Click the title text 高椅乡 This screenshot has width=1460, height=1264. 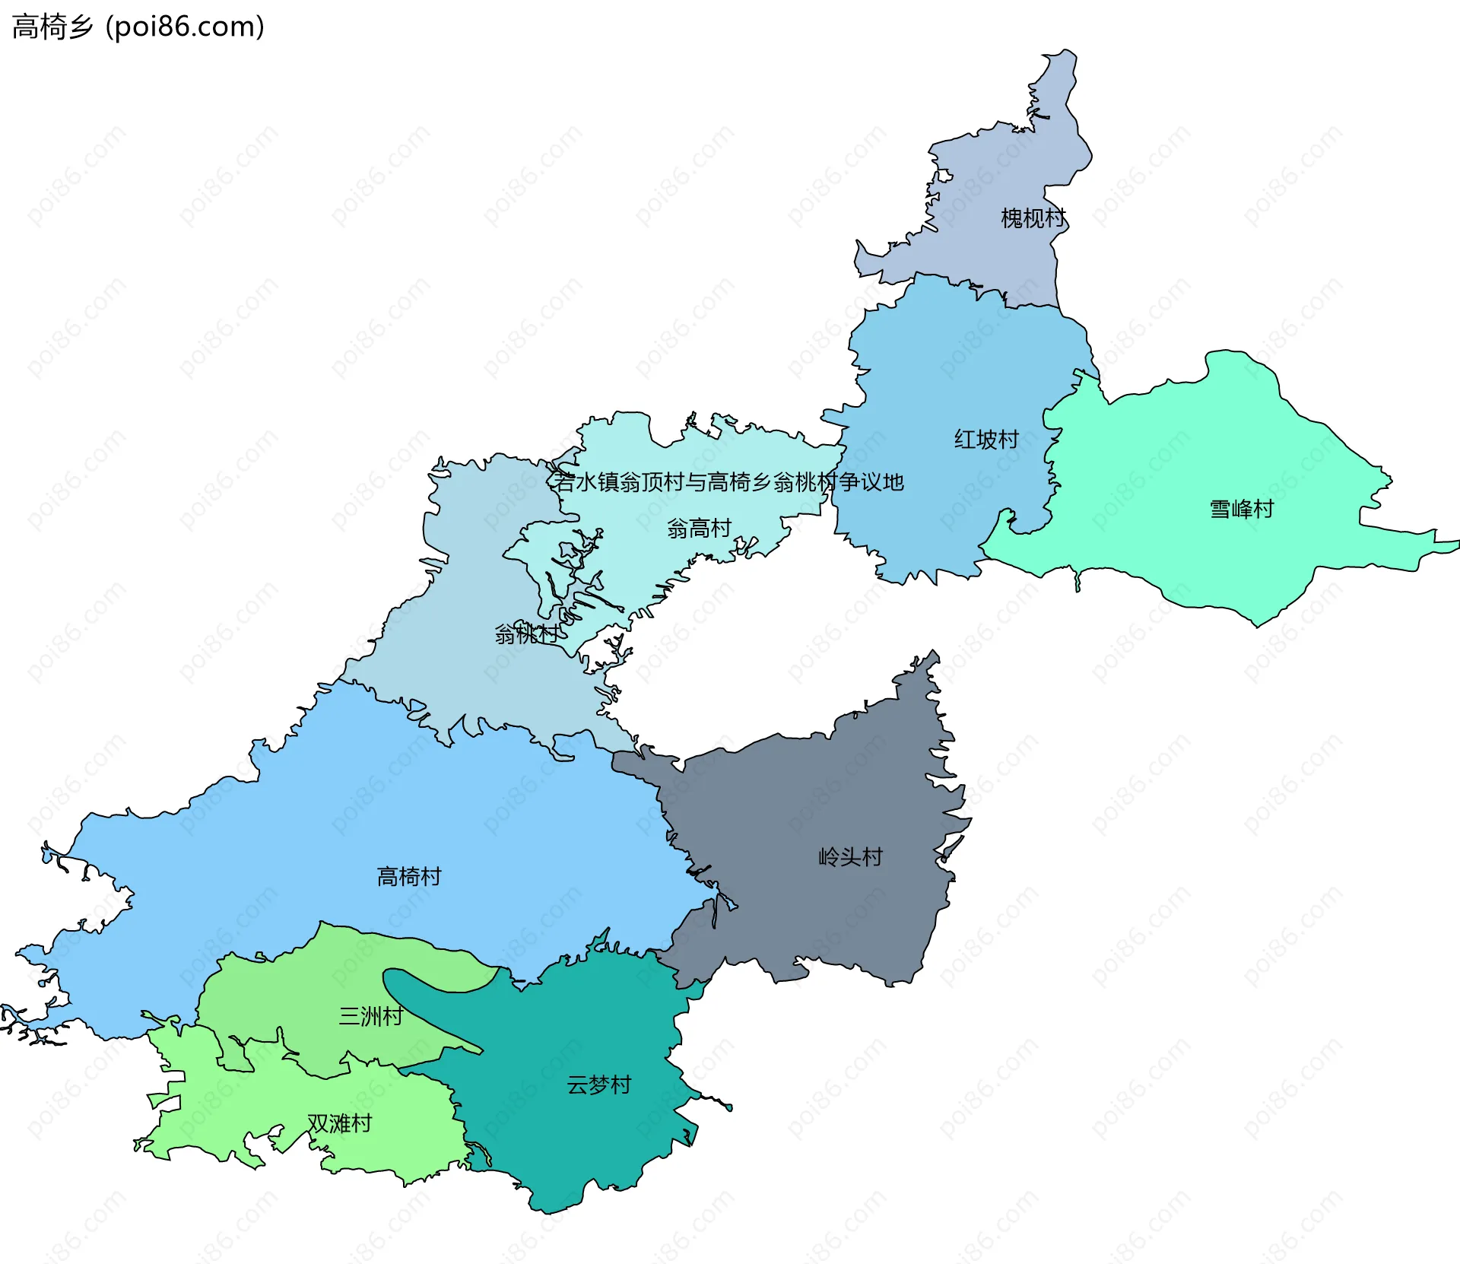point(52,27)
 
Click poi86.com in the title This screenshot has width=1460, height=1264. point(185,27)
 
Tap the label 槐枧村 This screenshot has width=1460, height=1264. point(1033,218)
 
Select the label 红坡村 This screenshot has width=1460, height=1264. point(986,439)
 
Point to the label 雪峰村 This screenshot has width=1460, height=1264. point(1241,509)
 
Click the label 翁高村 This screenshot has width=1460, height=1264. point(699,527)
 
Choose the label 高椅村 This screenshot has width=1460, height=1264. point(409,876)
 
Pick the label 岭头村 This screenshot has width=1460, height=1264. point(850,857)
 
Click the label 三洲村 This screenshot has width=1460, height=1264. point(370,1015)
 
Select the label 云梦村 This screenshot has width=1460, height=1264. point(598,1085)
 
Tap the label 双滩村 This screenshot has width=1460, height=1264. point(339,1123)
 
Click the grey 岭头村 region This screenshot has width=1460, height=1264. point(821,799)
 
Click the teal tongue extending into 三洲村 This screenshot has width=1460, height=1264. point(426,996)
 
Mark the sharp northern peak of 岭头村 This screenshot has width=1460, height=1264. point(933,656)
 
